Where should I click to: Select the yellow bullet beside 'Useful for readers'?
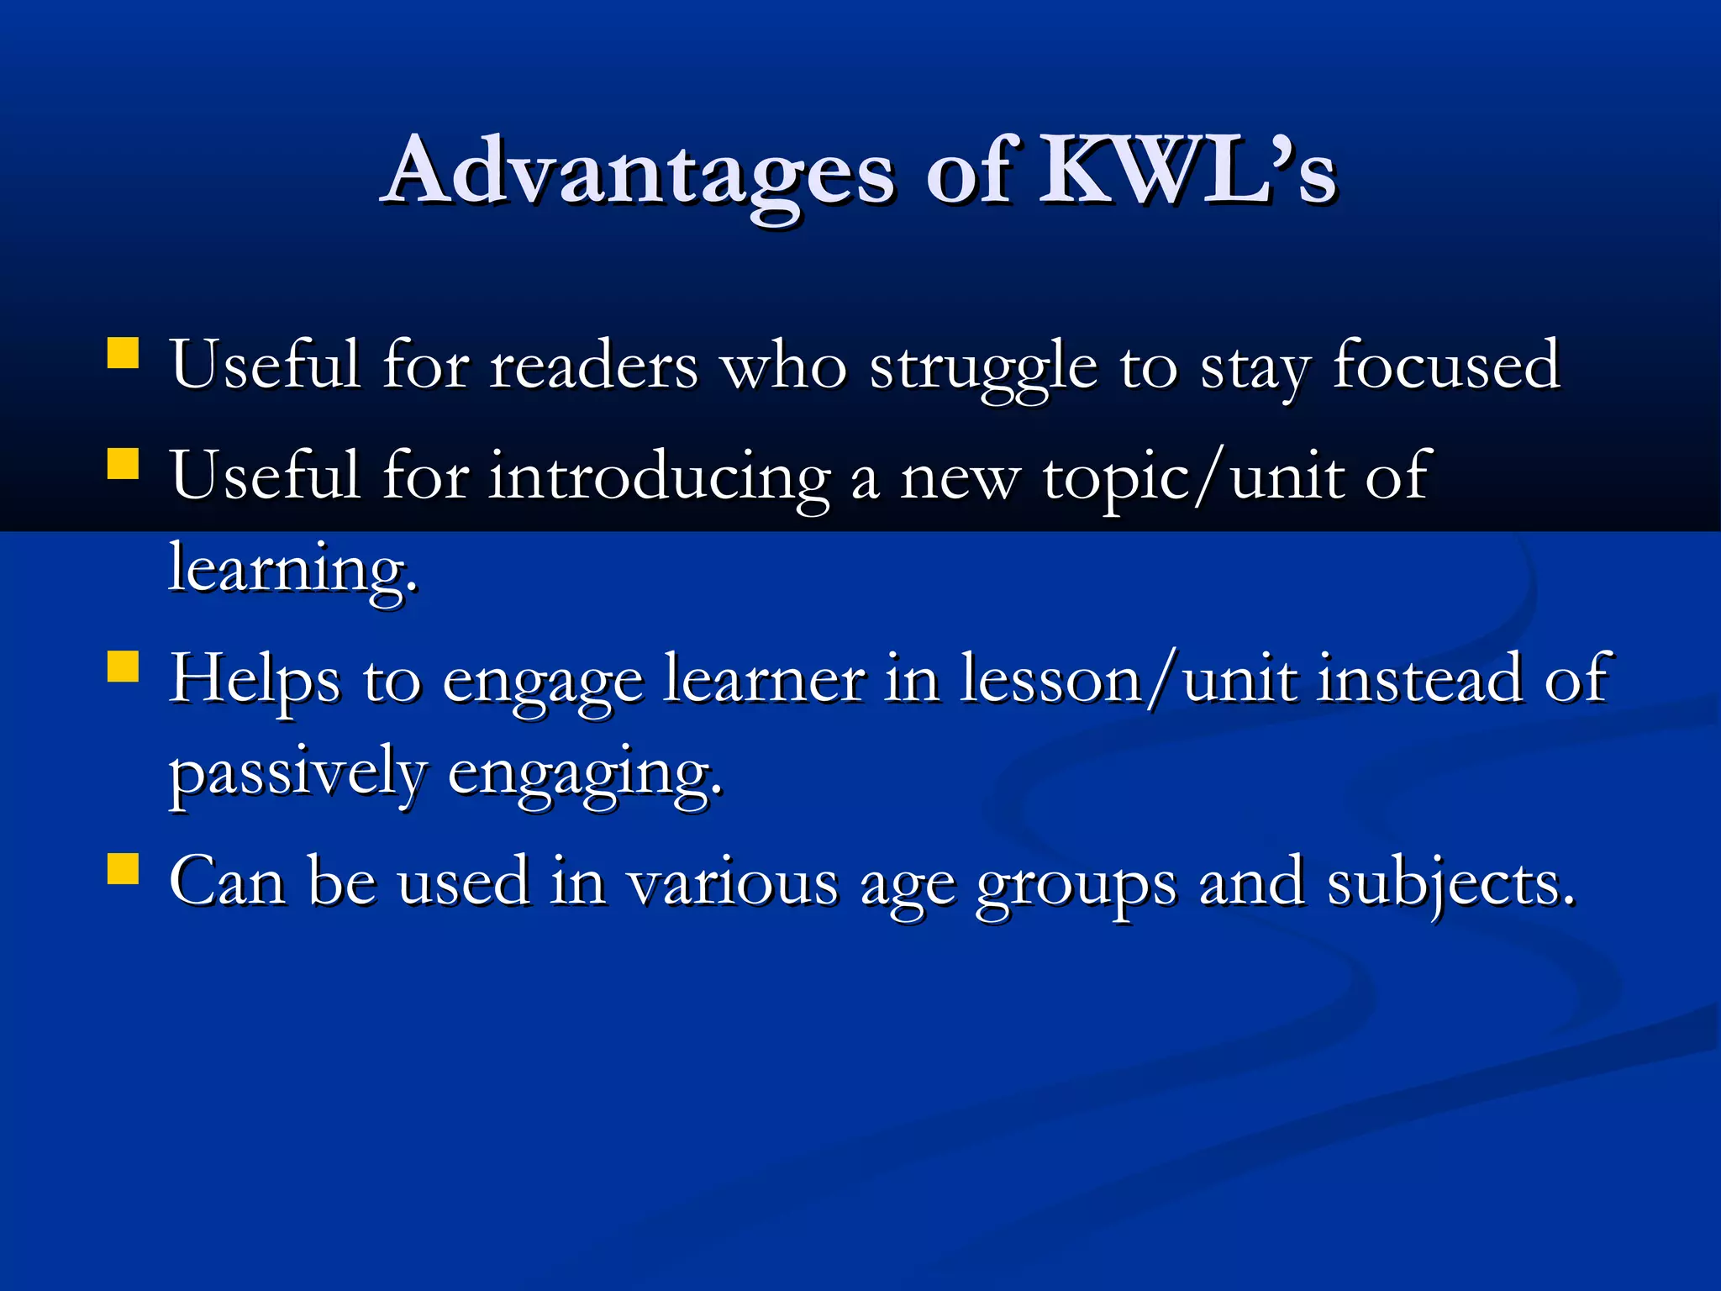(124, 353)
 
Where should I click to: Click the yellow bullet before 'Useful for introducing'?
(124, 463)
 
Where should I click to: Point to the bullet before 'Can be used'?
(124, 869)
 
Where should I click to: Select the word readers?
(593, 366)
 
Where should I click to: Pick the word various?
(734, 883)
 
